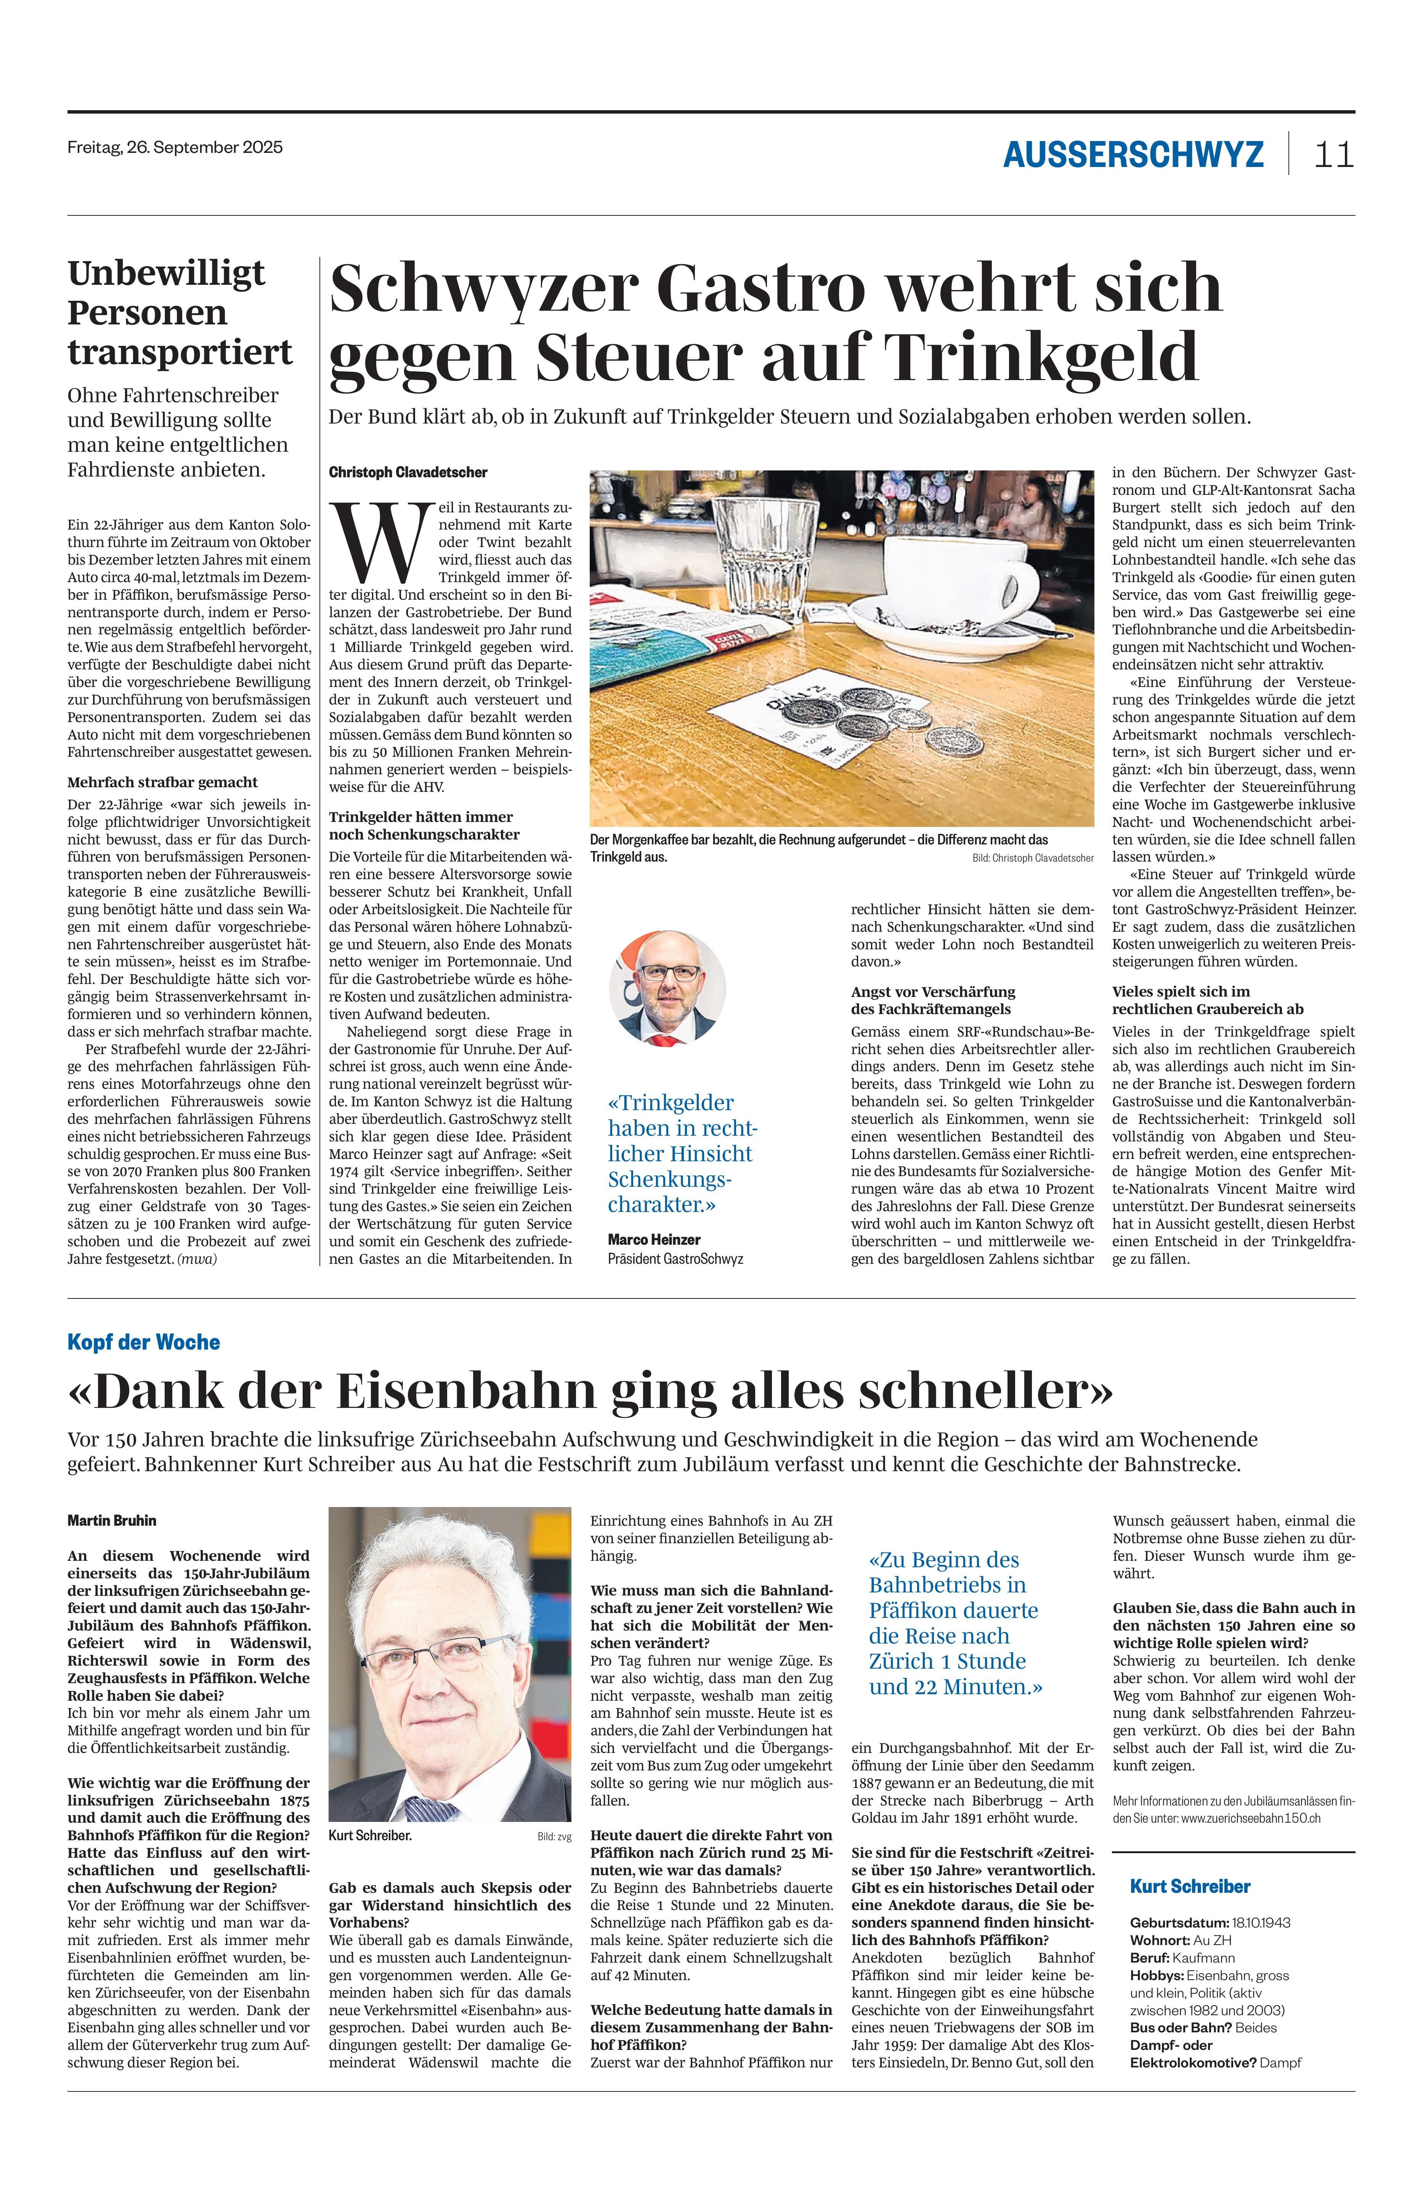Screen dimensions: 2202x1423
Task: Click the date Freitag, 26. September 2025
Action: (x=175, y=147)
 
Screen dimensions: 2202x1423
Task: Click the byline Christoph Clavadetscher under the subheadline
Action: (x=407, y=472)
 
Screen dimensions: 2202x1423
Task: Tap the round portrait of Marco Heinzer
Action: (x=667, y=988)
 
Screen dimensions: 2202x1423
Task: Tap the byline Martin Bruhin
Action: (x=112, y=1520)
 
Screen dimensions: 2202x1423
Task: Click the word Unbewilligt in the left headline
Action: (x=166, y=273)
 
